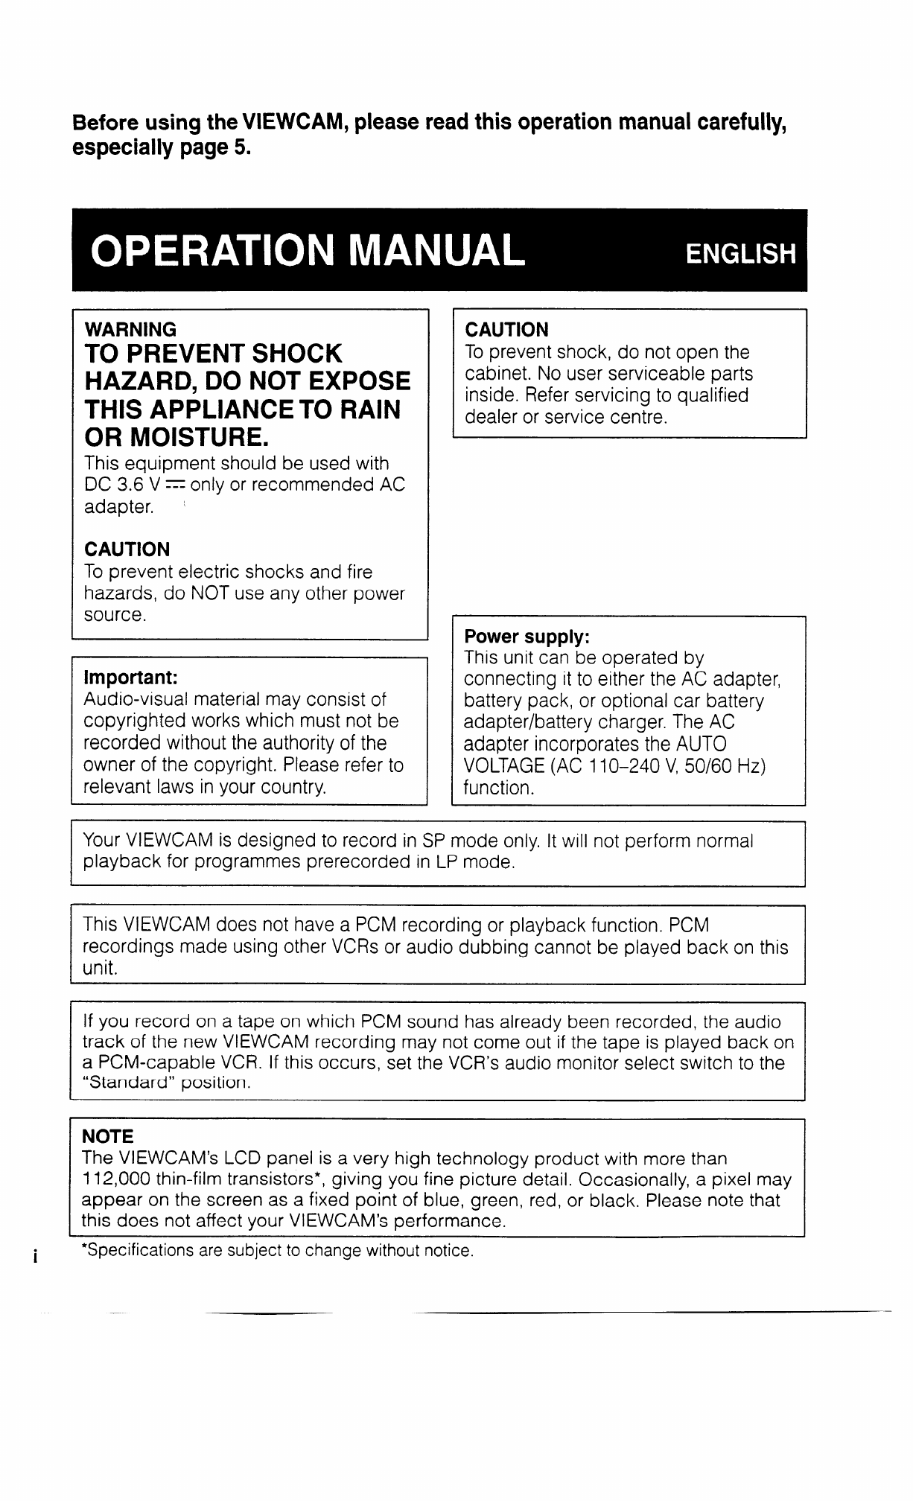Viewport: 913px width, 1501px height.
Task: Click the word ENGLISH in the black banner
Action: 740,255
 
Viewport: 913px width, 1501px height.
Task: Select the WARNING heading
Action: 131,329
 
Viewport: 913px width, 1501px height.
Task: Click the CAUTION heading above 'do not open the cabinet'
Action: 506,330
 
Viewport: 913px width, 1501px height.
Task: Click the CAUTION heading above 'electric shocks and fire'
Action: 127,549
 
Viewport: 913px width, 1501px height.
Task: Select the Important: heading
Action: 130,678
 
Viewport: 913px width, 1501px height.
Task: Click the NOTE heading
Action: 108,1137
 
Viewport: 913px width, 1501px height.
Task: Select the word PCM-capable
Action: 150,1063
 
